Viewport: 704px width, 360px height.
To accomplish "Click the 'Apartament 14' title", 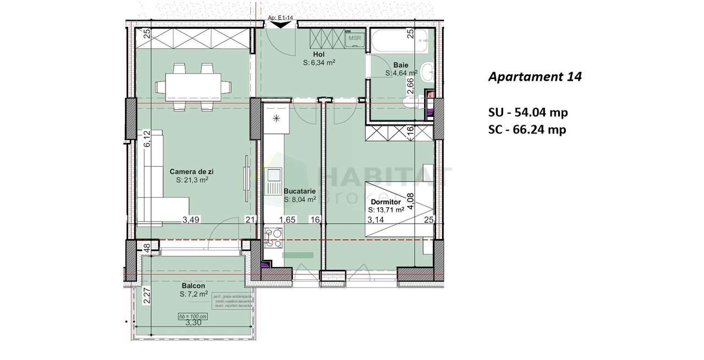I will tap(535, 77).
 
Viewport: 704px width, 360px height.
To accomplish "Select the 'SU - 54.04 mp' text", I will tap(528, 113).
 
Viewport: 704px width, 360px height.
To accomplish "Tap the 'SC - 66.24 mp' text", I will tap(527, 130).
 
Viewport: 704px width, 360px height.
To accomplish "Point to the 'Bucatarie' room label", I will tap(299, 191).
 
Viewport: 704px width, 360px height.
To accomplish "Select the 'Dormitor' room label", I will tap(386, 202).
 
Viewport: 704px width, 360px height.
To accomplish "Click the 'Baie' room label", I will tap(401, 64).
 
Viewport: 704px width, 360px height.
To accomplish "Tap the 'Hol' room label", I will tap(318, 54).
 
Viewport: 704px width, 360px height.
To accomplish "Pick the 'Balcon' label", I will tap(193, 286).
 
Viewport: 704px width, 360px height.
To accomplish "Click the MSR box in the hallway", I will tap(354, 39).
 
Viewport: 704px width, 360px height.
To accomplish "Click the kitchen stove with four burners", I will tap(273, 237).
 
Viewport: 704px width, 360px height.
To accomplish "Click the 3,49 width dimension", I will tap(191, 220).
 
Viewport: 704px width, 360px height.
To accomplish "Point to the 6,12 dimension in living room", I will tap(147, 138).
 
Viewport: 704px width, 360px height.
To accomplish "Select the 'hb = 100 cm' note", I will tap(193, 317).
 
